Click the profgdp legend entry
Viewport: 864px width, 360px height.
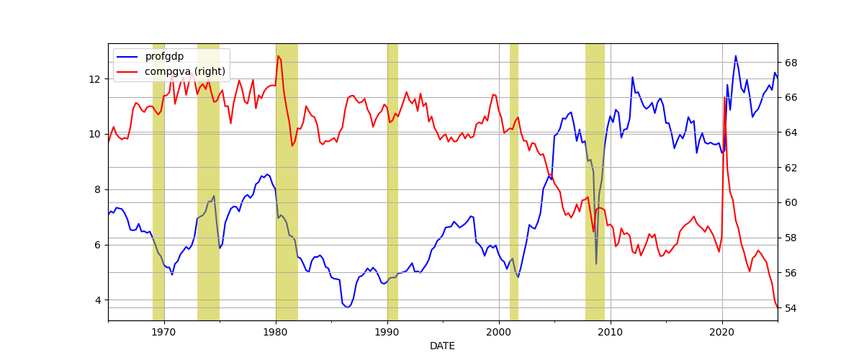point(163,56)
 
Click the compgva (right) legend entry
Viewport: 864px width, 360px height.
point(185,71)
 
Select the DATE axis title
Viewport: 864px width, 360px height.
point(442,346)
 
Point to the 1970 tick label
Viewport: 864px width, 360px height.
point(164,332)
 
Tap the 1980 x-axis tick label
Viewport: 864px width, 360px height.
point(276,332)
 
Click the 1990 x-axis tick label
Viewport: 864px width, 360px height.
point(387,332)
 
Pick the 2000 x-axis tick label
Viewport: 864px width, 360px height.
point(499,332)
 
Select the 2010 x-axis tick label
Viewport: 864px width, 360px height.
point(611,332)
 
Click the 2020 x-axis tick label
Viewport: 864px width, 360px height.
point(722,332)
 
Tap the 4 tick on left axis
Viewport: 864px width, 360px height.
point(100,300)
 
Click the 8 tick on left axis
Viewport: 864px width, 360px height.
point(100,189)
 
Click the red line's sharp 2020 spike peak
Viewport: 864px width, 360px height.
point(724,96)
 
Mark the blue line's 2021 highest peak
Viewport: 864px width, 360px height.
point(735,56)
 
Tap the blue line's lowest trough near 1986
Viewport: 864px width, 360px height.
point(348,307)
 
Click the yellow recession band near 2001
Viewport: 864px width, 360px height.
point(514,180)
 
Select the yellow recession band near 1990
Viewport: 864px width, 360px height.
point(392,180)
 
